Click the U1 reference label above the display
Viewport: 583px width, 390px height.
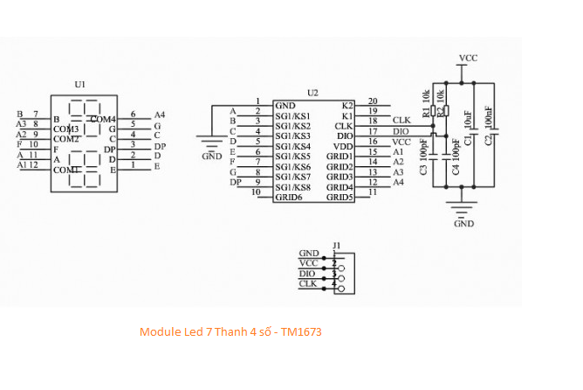point(80,85)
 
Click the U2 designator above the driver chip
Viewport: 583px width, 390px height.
point(312,93)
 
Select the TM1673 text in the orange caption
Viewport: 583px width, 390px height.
point(302,332)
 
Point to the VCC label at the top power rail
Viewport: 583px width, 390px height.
point(468,58)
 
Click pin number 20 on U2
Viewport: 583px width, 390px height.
point(373,101)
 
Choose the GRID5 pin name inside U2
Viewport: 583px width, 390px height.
point(340,198)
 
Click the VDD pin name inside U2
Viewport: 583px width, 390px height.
point(343,146)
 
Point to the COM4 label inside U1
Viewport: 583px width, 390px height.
point(102,119)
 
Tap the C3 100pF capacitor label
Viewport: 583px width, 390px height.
point(423,157)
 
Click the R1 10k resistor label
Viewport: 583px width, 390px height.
point(426,104)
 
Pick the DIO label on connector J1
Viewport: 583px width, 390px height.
point(308,273)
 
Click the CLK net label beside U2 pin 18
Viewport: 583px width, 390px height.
point(401,121)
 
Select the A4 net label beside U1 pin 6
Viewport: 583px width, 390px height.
point(160,115)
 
